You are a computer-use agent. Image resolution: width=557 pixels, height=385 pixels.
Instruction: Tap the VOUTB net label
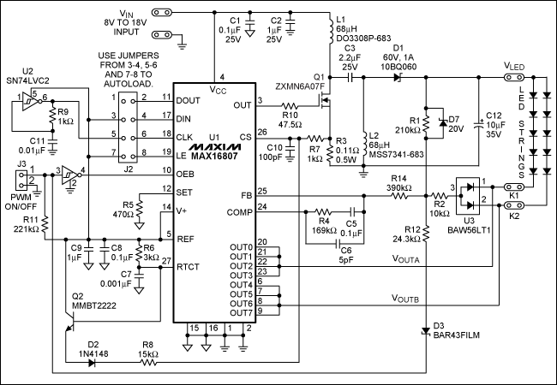410,299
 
